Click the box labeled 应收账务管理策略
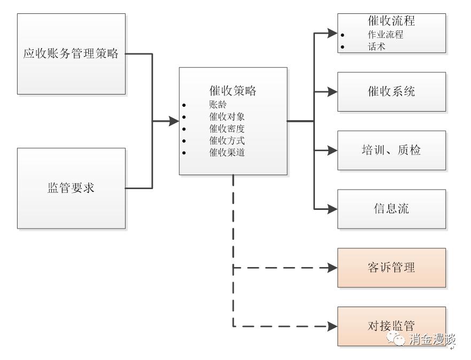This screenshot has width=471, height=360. [x=71, y=54]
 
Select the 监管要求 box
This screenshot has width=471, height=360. [x=71, y=188]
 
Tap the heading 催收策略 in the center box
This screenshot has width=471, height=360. [x=233, y=91]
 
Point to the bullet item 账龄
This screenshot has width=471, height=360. [x=218, y=105]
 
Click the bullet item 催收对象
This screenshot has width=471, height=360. [x=227, y=116]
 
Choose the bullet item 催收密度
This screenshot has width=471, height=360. [x=227, y=129]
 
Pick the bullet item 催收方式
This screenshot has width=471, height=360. [x=227, y=140]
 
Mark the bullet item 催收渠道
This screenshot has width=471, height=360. [x=227, y=152]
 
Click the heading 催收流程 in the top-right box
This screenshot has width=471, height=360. [x=391, y=21]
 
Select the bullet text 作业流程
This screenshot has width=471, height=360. [x=385, y=35]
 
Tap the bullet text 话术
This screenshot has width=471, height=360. [x=376, y=46]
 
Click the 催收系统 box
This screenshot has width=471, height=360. [x=391, y=91]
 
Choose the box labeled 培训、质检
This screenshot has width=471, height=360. [x=391, y=150]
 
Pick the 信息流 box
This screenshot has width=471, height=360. [x=391, y=208]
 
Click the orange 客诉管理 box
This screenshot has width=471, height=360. [x=391, y=267]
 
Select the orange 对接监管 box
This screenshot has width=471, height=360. [x=391, y=325]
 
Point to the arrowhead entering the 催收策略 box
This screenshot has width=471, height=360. [x=174, y=121]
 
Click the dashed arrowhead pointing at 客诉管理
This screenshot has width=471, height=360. [x=333, y=267]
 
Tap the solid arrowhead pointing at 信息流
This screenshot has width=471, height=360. [x=333, y=208]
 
